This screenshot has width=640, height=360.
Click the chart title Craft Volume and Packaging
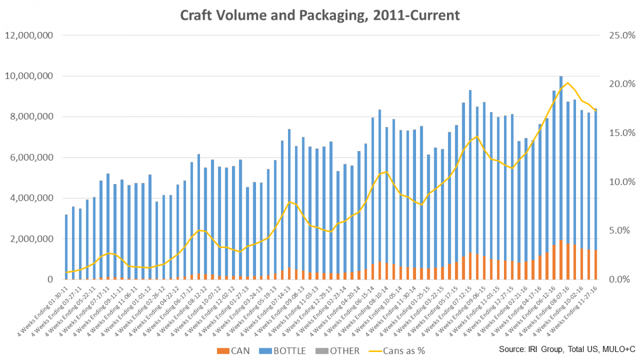[319, 15]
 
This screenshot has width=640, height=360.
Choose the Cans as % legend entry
[397, 350]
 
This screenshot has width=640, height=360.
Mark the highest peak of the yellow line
[567, 83]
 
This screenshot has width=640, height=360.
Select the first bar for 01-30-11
[66, 245]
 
